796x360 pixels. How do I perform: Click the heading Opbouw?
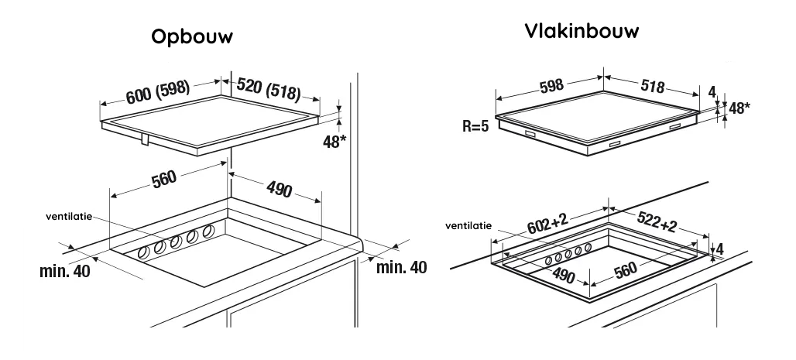(192, 39)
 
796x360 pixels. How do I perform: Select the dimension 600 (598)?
(158, 91)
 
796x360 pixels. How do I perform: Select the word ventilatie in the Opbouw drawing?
(68, 218)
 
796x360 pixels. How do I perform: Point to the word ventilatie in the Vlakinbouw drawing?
(468, 226)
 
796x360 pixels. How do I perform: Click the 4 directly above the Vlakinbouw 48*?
(712, 92)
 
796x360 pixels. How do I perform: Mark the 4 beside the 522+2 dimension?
(719, 249)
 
